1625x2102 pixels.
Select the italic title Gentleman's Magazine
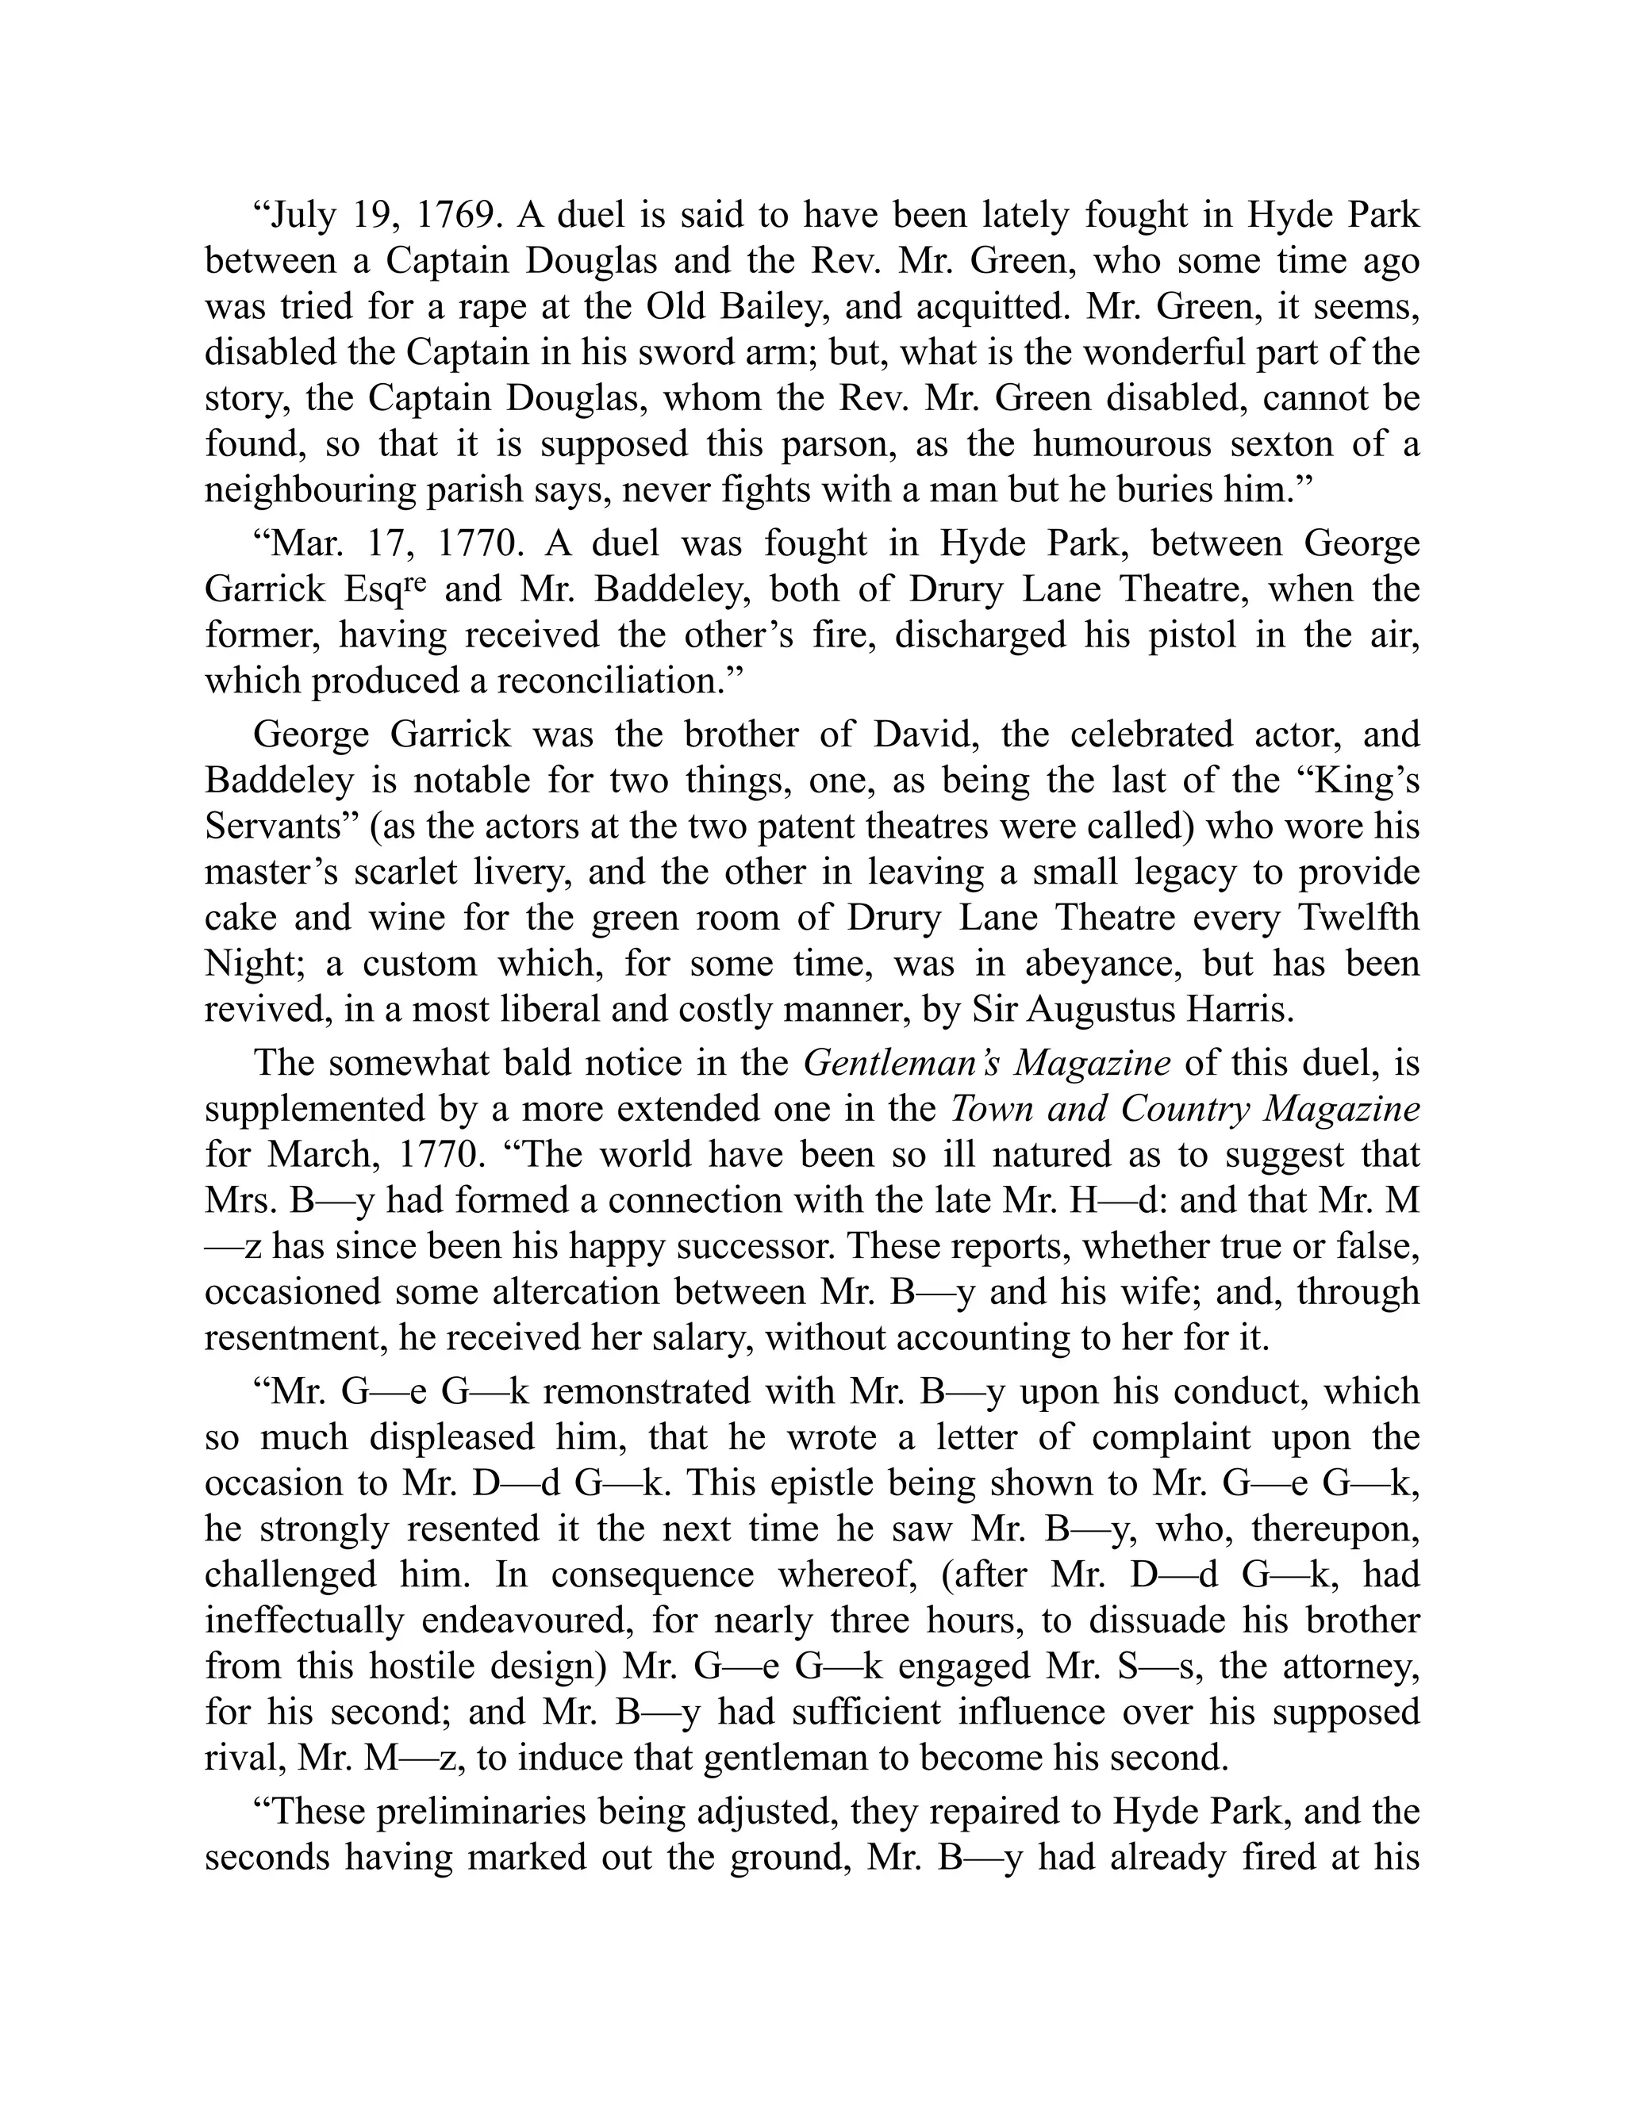click(987, 1064)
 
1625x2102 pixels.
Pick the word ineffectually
click(304, 1621)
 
